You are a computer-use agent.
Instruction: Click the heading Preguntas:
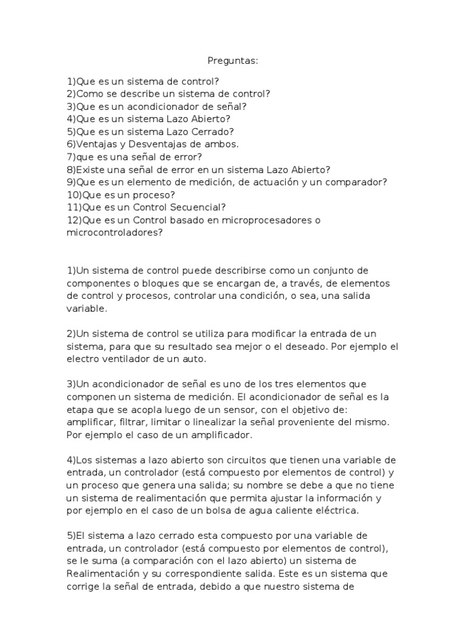tap(233, 61)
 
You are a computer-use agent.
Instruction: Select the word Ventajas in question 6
tap(94, 144)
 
